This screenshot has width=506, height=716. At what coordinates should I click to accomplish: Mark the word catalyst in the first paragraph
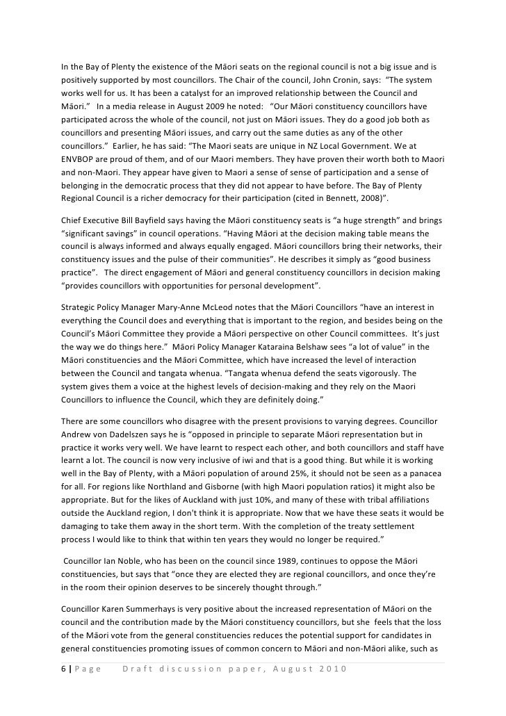pos(213,92)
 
